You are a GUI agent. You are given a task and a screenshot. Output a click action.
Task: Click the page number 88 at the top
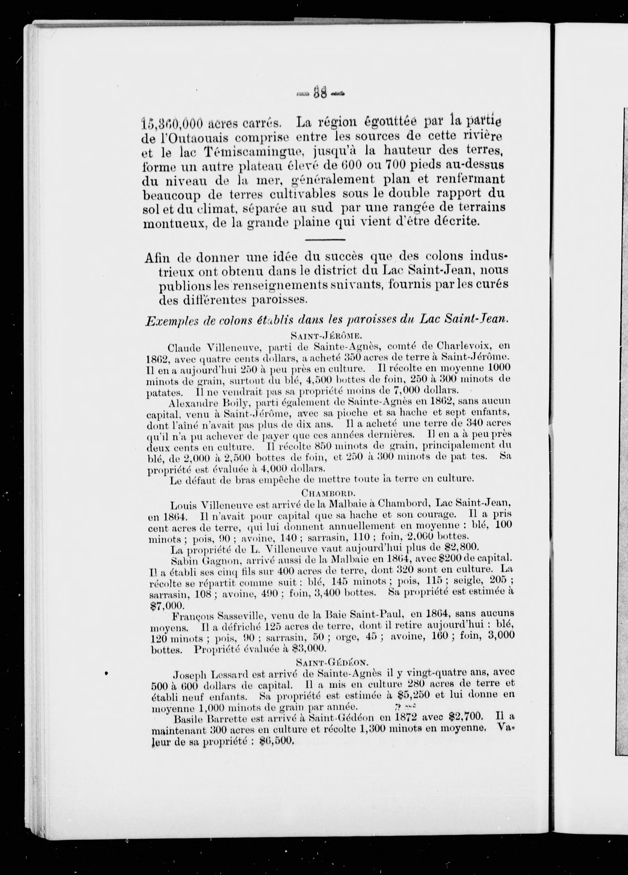tap(320, 93)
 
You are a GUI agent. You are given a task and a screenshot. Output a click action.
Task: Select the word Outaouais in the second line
tap(191, 138)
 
